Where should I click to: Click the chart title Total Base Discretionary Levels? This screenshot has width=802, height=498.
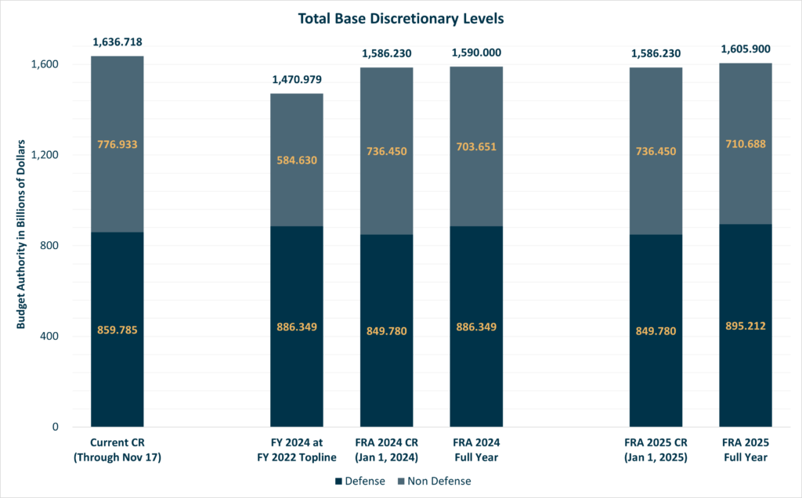coord(401,16)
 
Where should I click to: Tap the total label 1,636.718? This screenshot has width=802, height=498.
coord(117,42)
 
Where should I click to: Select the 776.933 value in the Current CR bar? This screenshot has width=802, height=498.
coord(117,144)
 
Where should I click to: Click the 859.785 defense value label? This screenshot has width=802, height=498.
coord(117,330)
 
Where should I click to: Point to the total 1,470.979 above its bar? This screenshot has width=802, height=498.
coord(297,79)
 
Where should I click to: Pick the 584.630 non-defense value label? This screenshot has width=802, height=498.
coord(297,160)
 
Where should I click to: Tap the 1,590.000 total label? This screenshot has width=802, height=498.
coord(476,52)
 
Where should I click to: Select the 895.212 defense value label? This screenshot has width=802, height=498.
coord(746,326)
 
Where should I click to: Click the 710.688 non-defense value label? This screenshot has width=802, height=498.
coord(746,143)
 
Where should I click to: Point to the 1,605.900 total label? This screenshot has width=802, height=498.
coord(746,49)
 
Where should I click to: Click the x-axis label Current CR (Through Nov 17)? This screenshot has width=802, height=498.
coord(117,450)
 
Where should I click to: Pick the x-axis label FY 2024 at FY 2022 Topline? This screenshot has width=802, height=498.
coord(297,450)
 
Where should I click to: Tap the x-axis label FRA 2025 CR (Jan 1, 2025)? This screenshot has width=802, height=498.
coord(656,450)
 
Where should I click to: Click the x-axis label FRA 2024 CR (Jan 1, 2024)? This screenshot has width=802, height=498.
coord(386,450)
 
